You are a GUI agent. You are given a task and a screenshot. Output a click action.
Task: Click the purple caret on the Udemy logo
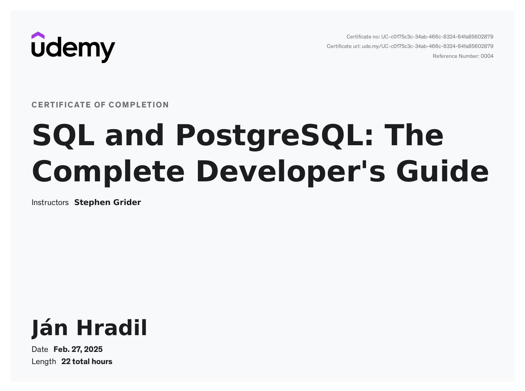38,35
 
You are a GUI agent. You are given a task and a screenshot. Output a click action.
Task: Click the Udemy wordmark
73,50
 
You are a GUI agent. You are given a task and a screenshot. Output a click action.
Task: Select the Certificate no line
420,37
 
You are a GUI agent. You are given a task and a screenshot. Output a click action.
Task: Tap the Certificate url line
410,46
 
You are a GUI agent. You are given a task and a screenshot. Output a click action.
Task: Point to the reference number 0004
487,56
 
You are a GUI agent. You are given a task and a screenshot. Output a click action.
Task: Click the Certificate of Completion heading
100,105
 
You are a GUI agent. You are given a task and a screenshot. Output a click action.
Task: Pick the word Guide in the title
442,172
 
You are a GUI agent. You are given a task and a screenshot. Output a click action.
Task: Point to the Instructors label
50,202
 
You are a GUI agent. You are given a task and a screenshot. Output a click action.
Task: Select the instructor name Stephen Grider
108,202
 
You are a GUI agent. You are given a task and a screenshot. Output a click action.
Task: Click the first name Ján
50,328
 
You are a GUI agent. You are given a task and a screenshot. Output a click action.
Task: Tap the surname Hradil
112,328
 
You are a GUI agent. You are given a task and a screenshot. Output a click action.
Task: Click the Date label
40,349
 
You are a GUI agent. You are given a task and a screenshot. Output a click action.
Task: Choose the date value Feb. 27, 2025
78,349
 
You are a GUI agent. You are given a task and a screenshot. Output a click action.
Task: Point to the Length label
44,362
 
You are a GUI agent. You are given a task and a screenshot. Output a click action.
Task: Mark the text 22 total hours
87,362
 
